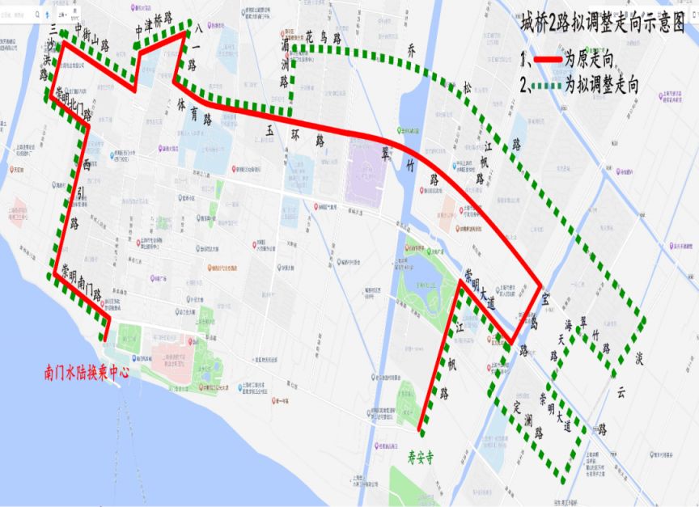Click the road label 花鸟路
pos(321,36)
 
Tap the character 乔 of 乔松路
pos(412,49)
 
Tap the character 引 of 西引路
pos(74,193)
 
